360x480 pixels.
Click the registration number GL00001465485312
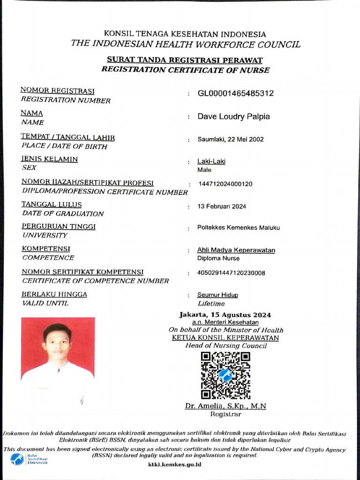point(235,93)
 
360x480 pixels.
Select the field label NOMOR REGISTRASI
point(58,90)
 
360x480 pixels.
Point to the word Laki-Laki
point(211,162)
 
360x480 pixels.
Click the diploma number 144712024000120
point(225,184)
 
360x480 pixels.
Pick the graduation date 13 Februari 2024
point(222,206)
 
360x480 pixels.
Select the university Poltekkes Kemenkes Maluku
point(238,228)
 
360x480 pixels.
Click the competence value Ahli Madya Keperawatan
point(236,250)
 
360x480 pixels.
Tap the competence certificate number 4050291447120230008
point(232,273)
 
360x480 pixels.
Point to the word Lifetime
point(211,304)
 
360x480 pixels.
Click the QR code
point(225,375)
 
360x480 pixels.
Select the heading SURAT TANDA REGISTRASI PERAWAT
point(185,60)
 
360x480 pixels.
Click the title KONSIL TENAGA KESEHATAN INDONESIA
point(185,34)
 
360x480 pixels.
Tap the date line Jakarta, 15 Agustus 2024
point(225,315)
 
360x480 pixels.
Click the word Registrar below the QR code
point(225,414)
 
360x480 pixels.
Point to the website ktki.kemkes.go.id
point(174,464)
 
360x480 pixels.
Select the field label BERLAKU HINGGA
point(54,294)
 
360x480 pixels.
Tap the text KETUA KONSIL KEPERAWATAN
point(225,337)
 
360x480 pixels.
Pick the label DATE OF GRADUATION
point(63,213)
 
